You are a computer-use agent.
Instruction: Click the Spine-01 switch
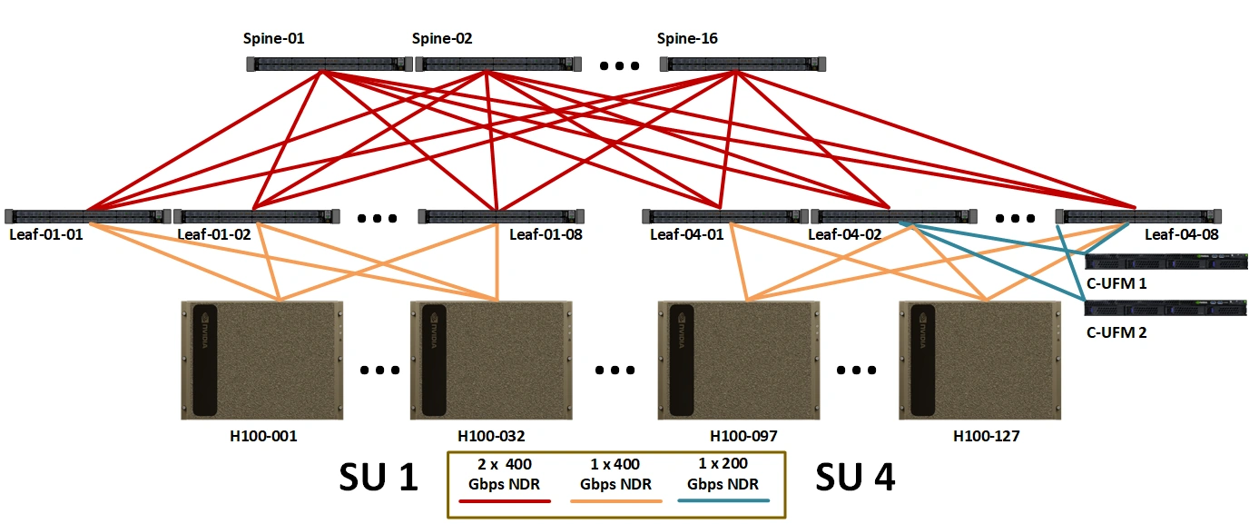329,64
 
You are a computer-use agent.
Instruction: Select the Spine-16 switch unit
743,64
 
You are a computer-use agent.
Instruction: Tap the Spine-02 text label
442,38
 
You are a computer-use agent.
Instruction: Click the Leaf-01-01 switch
88,216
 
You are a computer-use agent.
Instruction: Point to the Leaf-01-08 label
546,234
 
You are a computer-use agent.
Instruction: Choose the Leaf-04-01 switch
725,216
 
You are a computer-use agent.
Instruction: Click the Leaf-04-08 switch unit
1138,216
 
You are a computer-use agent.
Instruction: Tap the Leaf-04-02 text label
845,234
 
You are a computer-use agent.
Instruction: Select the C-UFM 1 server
1165,262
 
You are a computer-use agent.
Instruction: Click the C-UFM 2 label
1116,332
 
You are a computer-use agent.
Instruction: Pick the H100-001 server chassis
262,361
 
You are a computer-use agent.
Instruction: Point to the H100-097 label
743,436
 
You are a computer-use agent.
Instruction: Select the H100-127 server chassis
980,361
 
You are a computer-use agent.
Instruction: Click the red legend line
505,501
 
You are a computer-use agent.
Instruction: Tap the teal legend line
723,500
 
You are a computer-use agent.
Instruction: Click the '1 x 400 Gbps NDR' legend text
615,474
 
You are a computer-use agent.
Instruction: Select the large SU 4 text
855,478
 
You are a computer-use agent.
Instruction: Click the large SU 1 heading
379,478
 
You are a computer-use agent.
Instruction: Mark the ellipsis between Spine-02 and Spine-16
619,66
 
